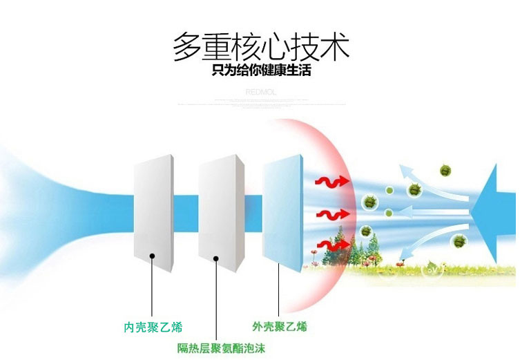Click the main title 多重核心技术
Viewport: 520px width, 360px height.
[261, 47]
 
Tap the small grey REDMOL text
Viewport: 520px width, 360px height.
[260, 91]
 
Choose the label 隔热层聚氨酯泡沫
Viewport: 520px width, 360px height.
[221, 348]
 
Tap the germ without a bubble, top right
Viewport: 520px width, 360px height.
[446, 170]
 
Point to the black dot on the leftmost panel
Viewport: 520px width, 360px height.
[151, 256]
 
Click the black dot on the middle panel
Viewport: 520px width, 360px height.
[216, 258]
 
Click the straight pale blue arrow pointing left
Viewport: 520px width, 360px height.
[428, 209]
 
